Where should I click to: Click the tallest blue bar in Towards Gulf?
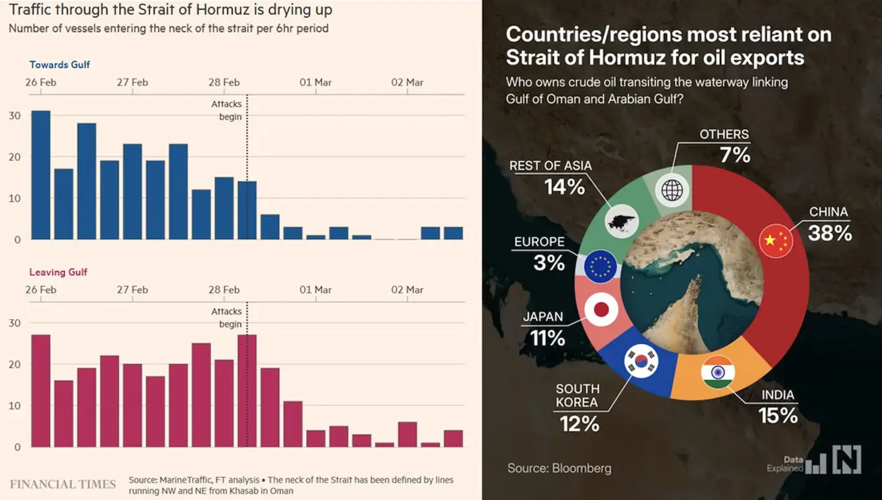pyautogui.click(x=41, y=175)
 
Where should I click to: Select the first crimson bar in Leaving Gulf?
pyautogui.click(x=41, y=390)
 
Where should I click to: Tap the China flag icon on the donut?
pyautogui.click(x=776, y=242)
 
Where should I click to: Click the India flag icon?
pyautogui.click(x=718, y=372)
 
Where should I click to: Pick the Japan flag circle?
pyautogui.click(x=602, y=310)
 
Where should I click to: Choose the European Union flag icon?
pyautogui.click(x=601, y=266)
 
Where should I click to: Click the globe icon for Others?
pyautogui.click(x=672, y=189)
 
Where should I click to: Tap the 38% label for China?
pyautogui.click(x=830, y=233)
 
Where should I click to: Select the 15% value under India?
pyautogui.click(x=778, y=416)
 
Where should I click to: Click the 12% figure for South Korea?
pyautogui.click(x=579, y=423)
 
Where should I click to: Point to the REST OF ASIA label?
pyautogui.click(x=551, y=166)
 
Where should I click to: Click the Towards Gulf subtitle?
pyautogui.click(x=59, y=65)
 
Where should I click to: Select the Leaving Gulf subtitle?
pyautogui.click(x=58, y=273)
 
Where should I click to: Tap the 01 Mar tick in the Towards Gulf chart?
pyautogui.click(x=315, y=82)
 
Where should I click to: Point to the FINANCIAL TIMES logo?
pyautogui.click(x=63, y=484)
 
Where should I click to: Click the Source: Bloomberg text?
pyautogui.click(x=559, y=468)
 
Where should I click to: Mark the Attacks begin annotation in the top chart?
pyautogui.click(x=227, y=110)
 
